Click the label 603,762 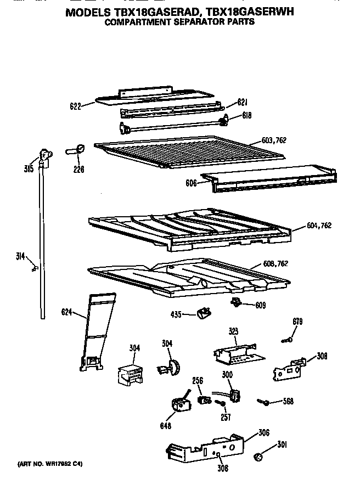point(274,140)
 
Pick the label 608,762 point(275,264)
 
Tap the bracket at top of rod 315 point(45,156)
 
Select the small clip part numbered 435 point(203,313)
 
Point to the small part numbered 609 point(237,302)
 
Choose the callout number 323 point(233,331)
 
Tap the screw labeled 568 point(263,402)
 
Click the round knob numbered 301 point(259,456)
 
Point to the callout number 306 point(263,433)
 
